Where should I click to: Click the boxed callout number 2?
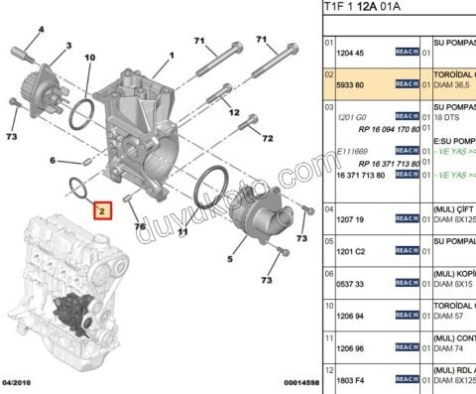point(99,210)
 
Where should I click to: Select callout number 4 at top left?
point(41,30)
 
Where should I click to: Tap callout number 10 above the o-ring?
point(89,60)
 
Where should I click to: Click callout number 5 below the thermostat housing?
point(229,260)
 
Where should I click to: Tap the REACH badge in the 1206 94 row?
point(407,316)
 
